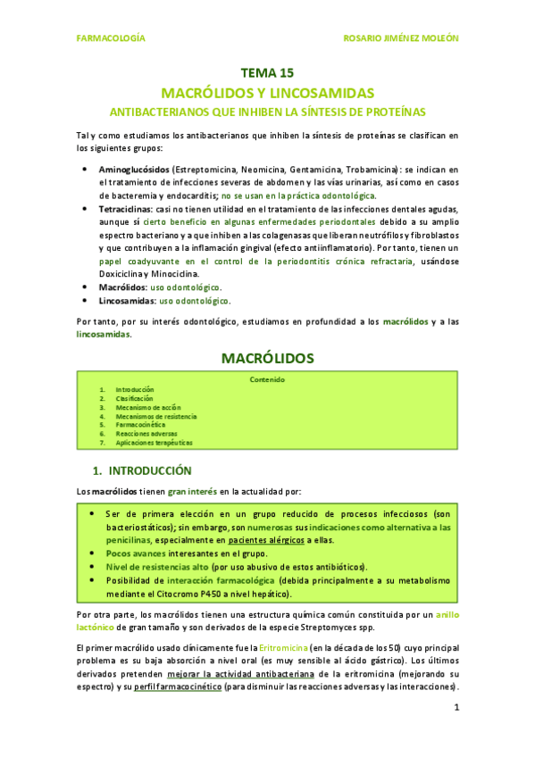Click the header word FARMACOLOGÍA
pos(112,39)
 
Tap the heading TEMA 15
pos(267,74)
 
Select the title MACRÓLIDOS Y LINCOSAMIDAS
pos(267,93)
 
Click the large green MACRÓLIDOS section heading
pos(267,358)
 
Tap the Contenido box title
pos(267,379)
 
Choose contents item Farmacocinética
pos(140,425)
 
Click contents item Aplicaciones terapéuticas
pos(153,442)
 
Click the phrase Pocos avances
pos(131,553)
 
